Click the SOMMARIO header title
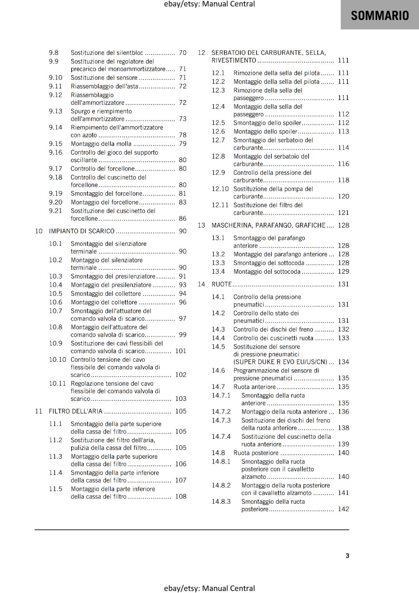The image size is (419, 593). tap(380, 16)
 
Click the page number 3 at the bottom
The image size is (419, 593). tap(347, 556)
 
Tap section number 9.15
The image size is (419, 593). tap(56, 144)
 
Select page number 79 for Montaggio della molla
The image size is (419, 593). tap(183, 144)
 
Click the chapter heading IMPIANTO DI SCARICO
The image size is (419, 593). tap(82, 231)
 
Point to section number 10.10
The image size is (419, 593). tap(57, 360)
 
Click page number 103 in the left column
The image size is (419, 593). tap(181, 399)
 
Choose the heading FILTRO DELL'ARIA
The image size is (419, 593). tap(76, 411)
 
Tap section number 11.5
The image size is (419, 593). tap(56, 489)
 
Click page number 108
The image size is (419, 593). tap(181, 497)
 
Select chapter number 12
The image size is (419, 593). tap(201, 53)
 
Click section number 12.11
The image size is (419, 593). tap(220, 205)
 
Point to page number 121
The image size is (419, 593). tap(343, 213)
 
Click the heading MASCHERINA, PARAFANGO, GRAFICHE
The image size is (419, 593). tap(268, 225)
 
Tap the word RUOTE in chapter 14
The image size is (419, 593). tap(221, 284)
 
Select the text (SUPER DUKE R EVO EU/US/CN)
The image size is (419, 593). tap(280, 362)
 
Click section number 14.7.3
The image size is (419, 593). tap(221, 420)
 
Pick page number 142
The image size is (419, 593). tap(343, 509)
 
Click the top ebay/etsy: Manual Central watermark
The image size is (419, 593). tap(209, 4)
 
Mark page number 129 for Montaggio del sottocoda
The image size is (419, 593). tap(343, 272)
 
